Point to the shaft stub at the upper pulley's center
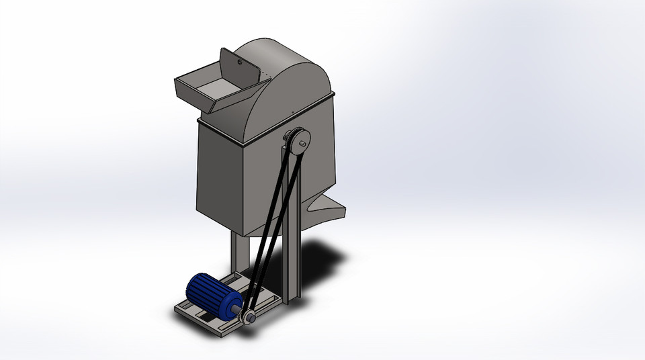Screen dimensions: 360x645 (302, 143)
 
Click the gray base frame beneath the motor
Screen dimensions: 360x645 (202, 319)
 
